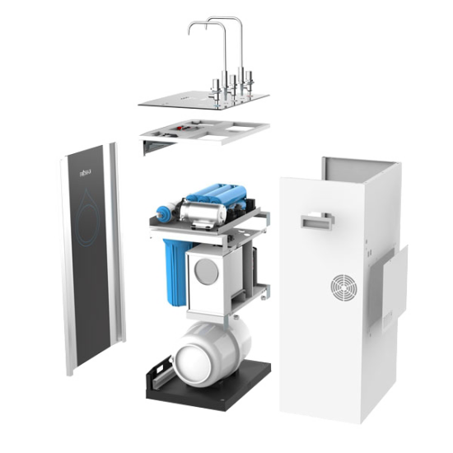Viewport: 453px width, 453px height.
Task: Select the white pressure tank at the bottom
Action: (207, 349)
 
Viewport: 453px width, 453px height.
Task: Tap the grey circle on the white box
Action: (212, 271)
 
